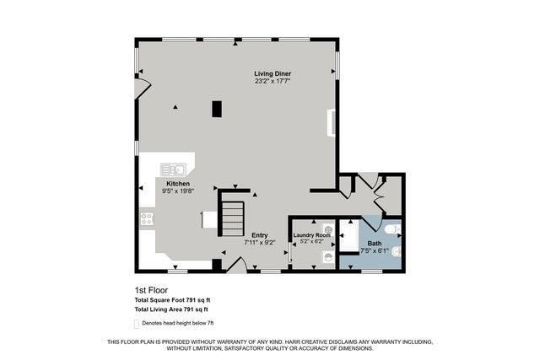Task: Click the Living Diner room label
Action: [273, 73]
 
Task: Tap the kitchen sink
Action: [174, 169]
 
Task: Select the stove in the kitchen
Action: [147, 219]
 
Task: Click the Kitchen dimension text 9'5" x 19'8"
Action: [177, 191]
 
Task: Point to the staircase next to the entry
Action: [233, 218]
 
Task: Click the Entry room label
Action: [259, 235]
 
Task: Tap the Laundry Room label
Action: [311, 235]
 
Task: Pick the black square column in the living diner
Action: [217, 109]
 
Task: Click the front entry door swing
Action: [237, 265]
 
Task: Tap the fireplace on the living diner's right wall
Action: [333, 122]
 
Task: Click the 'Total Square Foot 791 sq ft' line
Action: [172, 300]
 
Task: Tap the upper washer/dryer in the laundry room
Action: [328, 228]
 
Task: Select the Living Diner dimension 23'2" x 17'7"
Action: [273, 82]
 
